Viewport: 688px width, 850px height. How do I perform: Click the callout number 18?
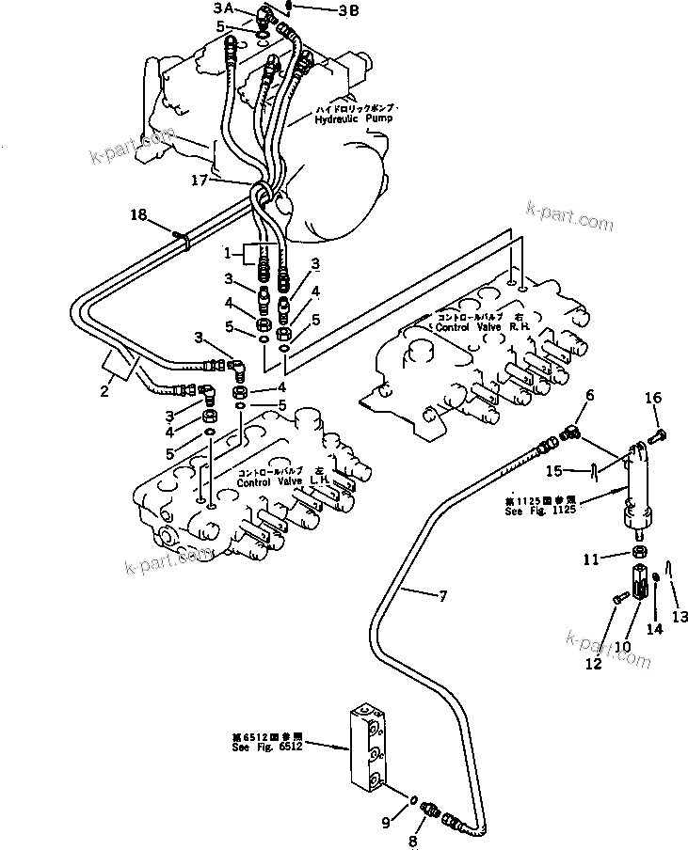[139, 215]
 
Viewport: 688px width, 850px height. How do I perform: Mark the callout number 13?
[680, 617]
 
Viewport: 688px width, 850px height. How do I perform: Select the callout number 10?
[621, 647]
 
